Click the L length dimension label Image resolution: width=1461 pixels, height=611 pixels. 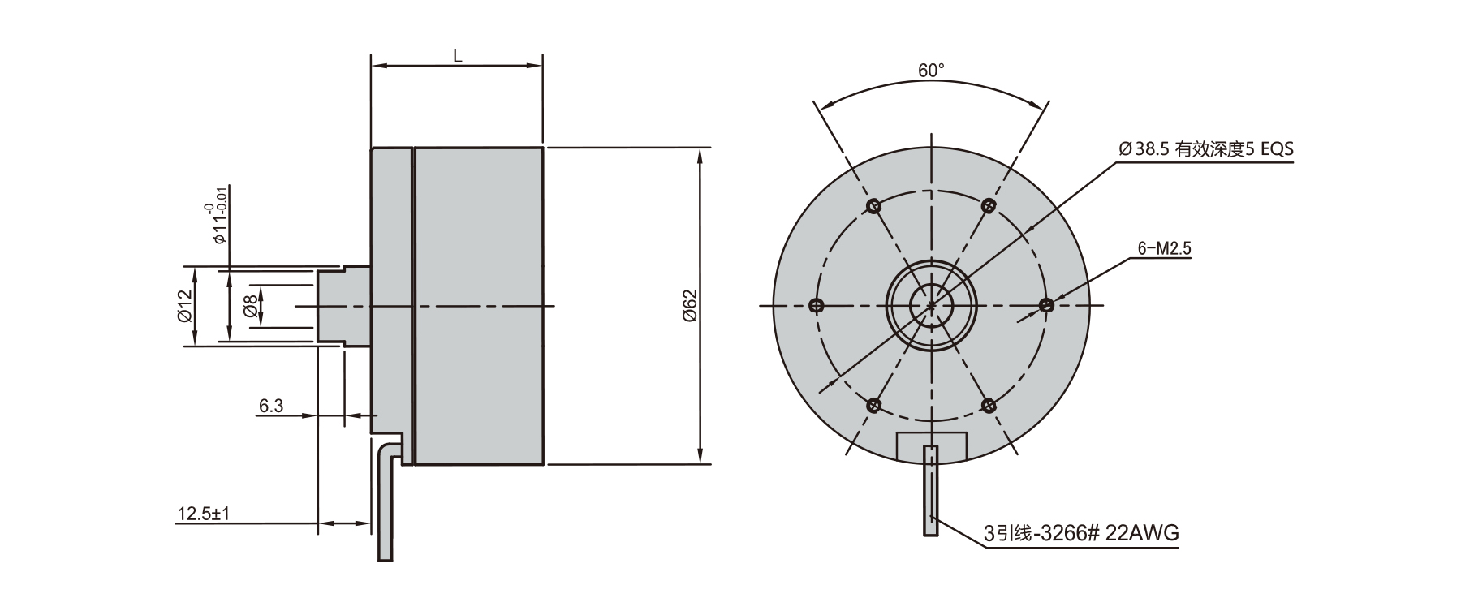457,55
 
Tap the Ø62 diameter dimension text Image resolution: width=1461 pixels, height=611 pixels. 689,306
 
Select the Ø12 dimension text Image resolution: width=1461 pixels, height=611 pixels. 185,306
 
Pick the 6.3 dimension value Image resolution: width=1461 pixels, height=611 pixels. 270,406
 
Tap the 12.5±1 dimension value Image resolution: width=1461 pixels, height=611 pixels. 205,514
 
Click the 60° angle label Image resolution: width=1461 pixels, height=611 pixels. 931,71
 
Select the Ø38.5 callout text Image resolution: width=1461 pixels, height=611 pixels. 1205,149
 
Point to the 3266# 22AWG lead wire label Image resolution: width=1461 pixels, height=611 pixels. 1080,533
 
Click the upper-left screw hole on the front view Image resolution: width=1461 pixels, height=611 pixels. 873,206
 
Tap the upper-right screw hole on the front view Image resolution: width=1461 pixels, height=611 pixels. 988,205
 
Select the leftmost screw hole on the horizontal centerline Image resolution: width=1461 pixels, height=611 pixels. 816,306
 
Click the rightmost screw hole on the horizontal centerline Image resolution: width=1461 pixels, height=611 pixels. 1046,305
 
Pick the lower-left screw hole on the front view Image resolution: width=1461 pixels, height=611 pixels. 874,405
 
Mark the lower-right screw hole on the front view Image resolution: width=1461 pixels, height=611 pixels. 989,404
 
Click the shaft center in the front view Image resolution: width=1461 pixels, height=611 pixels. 931,306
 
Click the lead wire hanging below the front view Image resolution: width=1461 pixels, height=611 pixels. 930,495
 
